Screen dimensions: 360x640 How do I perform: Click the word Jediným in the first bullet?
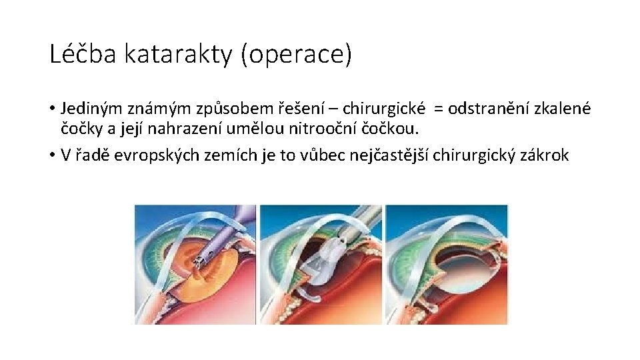(87, 108)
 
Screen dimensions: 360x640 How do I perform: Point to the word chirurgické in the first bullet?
(381, 108)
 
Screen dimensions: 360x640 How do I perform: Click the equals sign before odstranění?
(439, 109)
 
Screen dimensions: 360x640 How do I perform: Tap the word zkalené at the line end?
(563, 108)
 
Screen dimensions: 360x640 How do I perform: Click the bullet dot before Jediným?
(53, 109)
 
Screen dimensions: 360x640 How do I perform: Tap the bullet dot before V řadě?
(53, 156)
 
